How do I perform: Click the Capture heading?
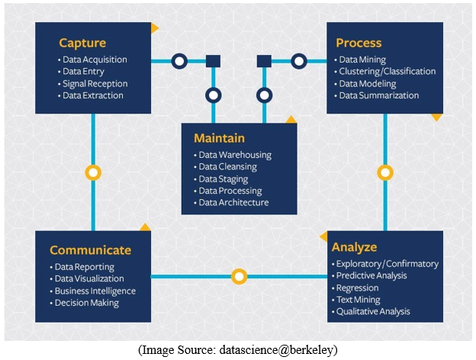click(82, 43)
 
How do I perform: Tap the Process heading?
click(359, 43)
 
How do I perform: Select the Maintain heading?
click(219, 138)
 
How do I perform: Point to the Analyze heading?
click(354, 247)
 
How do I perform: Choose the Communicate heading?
click(91, 250)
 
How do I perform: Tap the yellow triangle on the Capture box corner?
click(154, 28)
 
